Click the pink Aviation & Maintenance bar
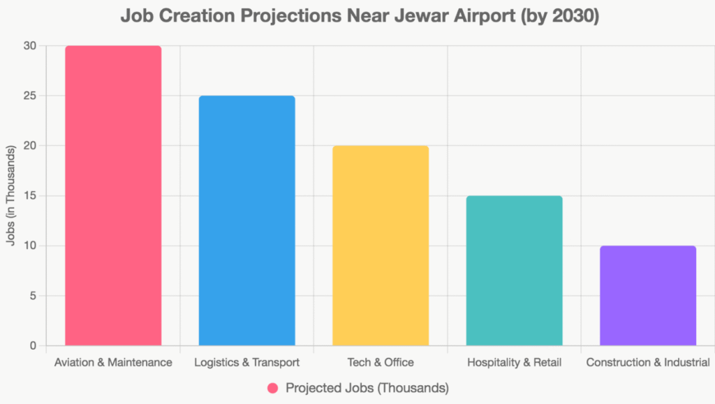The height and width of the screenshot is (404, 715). pyautogui.click(x=113, y=195)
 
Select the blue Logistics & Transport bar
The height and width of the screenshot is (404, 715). pyautogui.click(x=246, y=220)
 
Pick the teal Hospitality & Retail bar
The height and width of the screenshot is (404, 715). pyautogui.click(x=514, y=271)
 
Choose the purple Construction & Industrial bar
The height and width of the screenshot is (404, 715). pyautogui.click(x=648, y=296)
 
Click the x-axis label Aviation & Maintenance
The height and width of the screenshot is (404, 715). pyautogui.click(x=113, y=363)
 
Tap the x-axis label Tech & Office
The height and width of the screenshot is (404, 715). pyautogui.click(x=381, y=363)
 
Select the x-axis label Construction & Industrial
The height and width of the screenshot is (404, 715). pyautogui.click(x=648, y=363)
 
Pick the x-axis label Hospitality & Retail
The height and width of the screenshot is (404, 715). pyautogui.click(x=514, y=363)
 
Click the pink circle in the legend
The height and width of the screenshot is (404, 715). pyautogui.click(x=273, y=388)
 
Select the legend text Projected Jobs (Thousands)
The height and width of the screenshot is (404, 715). pyautogui.click(x=367, y=388)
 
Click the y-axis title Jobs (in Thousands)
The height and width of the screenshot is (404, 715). pyautogui.click(x=10, y=196)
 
